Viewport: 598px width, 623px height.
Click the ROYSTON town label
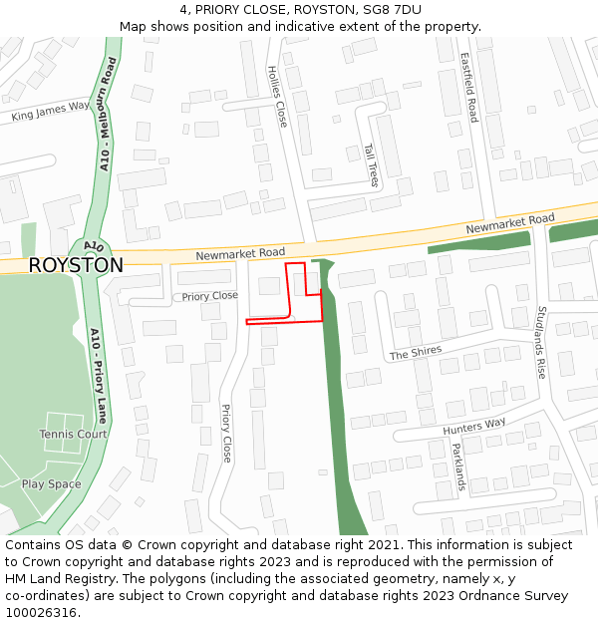[76, 266]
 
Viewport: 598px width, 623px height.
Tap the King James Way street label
[51, 111]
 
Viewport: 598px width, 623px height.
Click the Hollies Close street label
[277, 97]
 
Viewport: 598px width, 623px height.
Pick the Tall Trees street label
[372, 164]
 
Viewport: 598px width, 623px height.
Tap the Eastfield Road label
[468, 89]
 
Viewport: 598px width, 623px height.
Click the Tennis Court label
[73, 435]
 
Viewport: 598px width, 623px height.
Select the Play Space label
[52, 484]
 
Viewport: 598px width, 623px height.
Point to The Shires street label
[415, 353]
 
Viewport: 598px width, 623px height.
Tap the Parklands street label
[457, 467]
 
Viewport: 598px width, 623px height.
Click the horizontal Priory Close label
[210, 296]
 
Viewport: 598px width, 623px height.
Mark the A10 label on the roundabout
[93, 245]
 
